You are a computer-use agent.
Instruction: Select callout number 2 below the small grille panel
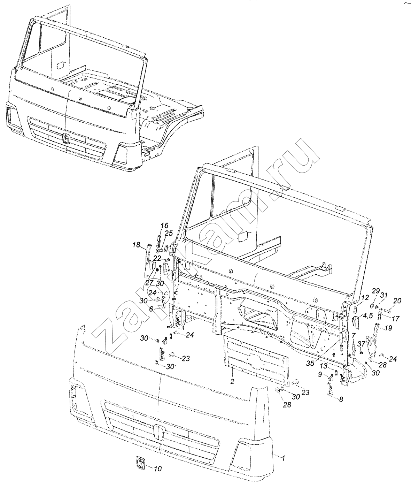232,381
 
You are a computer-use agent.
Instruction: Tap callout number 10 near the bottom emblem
157,469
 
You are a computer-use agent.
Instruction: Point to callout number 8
341,400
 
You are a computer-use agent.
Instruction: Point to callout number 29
375,291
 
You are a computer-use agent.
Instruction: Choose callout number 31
383,295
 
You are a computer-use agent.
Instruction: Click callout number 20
397,301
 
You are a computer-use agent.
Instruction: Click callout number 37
362,344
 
